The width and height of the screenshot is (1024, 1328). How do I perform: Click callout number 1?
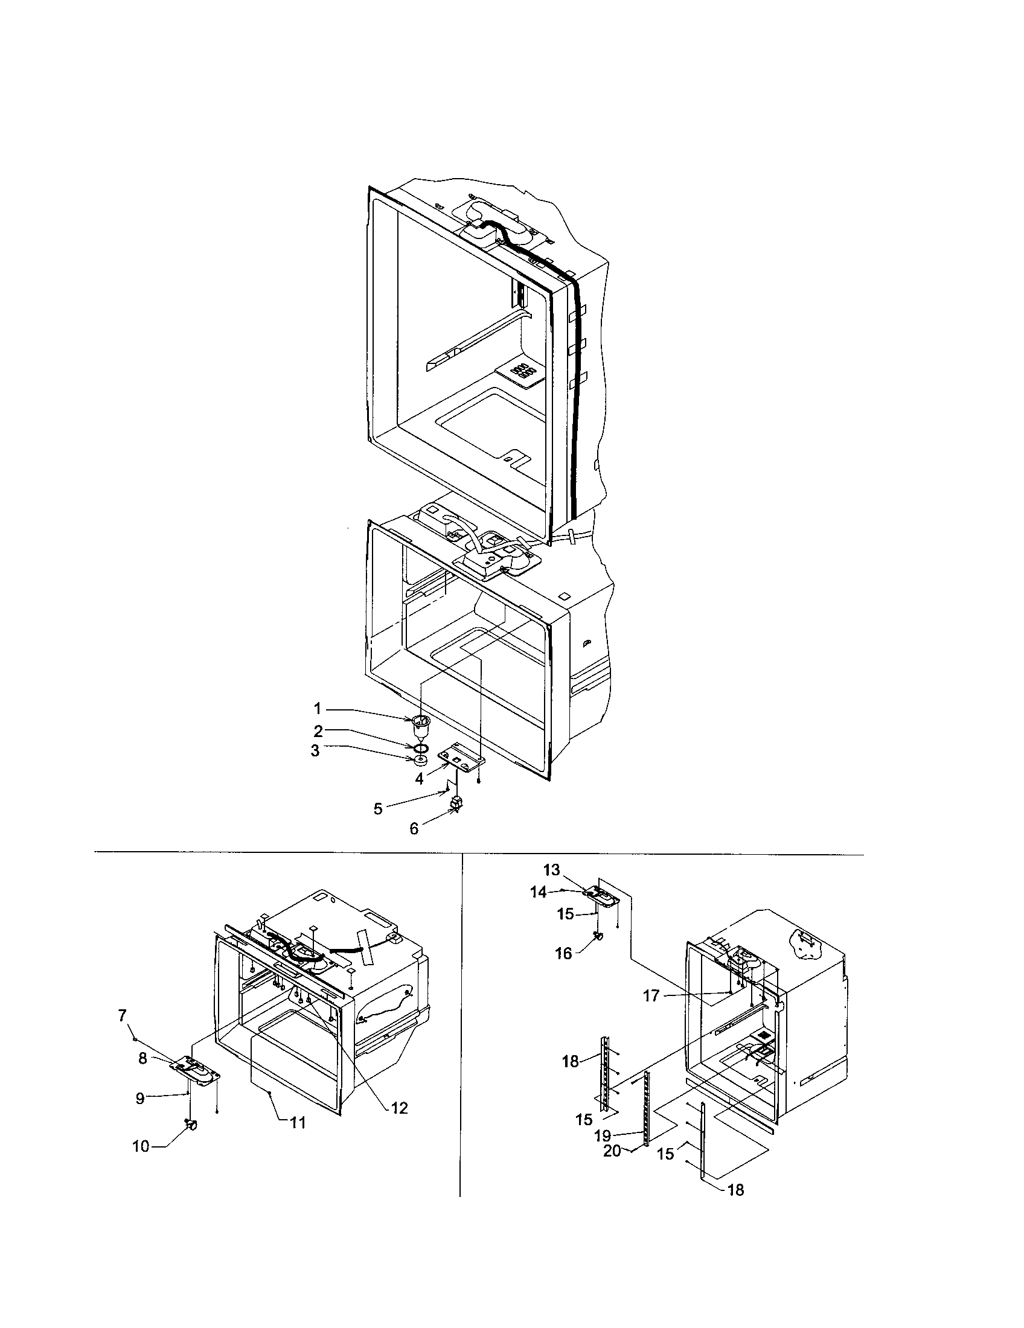317,709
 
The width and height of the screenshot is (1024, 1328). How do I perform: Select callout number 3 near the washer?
315,751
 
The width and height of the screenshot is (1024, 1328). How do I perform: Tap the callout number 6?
414,829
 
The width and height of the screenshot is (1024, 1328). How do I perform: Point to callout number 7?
122,1015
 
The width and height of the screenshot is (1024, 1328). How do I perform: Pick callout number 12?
399,1108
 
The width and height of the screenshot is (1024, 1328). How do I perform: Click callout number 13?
551,870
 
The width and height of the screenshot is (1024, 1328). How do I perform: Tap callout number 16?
564,953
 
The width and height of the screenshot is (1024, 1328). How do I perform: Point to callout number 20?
612,1151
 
